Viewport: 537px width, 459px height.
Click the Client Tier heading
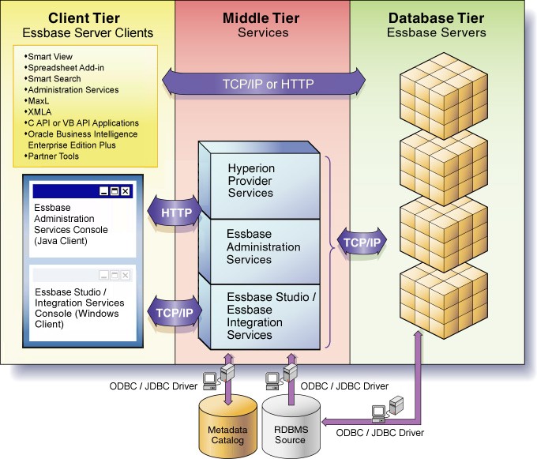coord(84,17)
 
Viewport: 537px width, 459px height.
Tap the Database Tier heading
coord(436,17)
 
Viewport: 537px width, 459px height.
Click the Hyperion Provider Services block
coord(250,181)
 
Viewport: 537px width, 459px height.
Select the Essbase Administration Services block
coord(263,246)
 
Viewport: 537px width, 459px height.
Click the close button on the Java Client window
coord(126,191)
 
